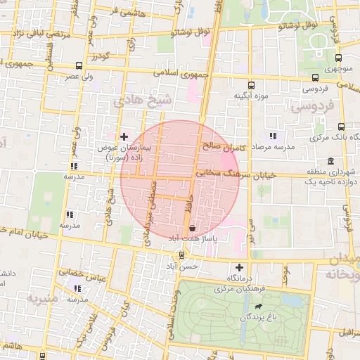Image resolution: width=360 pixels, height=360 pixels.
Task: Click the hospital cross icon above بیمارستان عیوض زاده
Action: (x=124, y=136)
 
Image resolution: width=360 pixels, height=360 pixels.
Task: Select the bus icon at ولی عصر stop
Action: (x=77, y=66)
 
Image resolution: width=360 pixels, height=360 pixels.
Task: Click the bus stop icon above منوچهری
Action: (x=338, y=59)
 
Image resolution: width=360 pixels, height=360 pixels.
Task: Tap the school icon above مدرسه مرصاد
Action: (x=273, y=136)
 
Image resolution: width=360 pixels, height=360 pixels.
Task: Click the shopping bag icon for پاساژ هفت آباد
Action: (x=193, y=228)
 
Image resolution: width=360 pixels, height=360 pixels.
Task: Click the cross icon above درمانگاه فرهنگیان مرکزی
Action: (x=240, y=267)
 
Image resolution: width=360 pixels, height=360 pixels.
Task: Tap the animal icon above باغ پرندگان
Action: (x=259, y=307)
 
